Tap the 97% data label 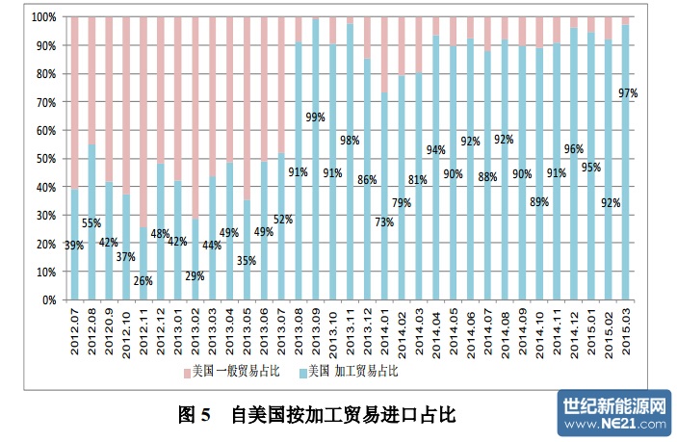pos(629,92)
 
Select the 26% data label pos(143,281)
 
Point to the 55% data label pos(91,223)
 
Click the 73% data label pos(384,222)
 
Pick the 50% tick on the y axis pos(43,159)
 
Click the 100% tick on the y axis pos(41,17)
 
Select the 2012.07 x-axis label pos(73,329)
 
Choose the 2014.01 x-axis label pos(384,329)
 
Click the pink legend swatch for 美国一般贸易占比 pos(186,371)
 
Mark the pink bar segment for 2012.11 pos(143,116)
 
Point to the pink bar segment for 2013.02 pos(196,116)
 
